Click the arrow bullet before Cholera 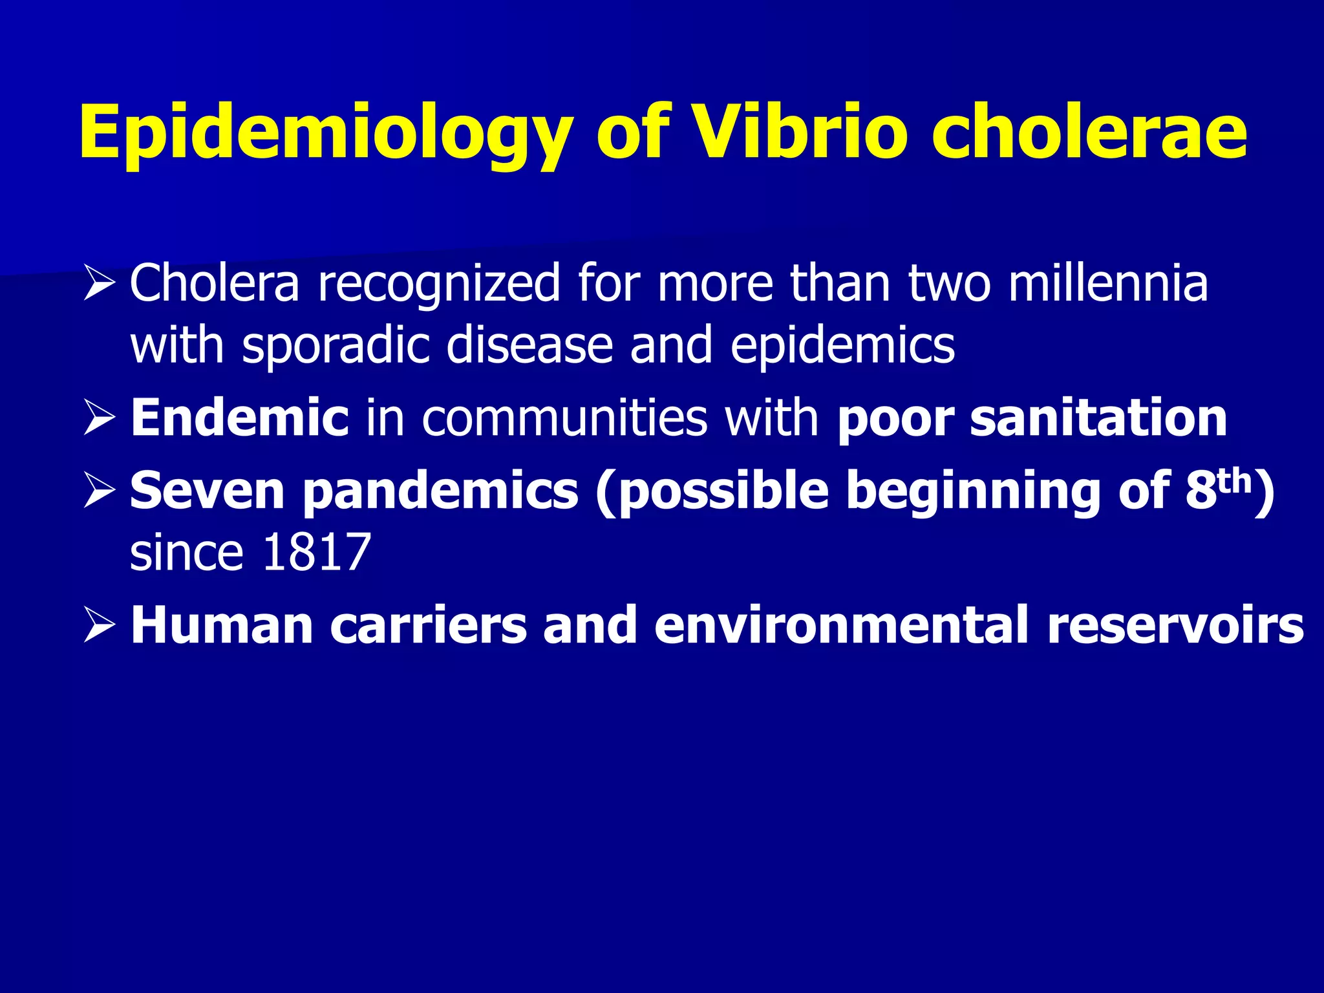[x=99, y=284]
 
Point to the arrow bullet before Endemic [x=99, y=419]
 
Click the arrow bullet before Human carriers [x=99, y=626]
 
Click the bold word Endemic [x=239, y=418]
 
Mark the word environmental [x=840, y=626]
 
